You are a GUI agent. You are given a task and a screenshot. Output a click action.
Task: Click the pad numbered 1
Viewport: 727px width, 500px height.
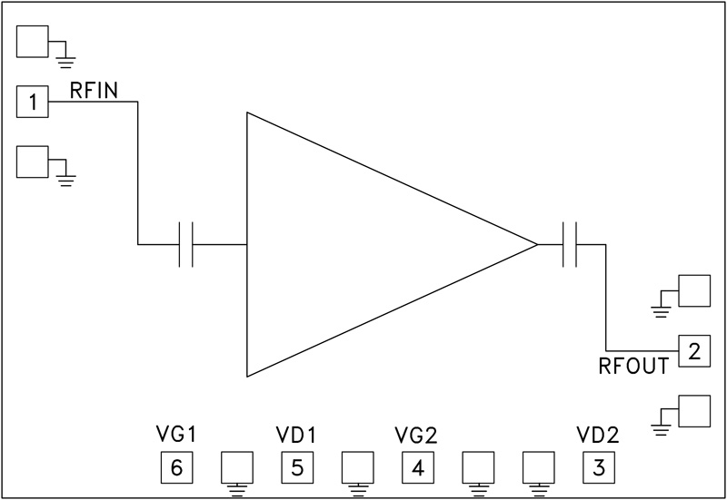[33, 102]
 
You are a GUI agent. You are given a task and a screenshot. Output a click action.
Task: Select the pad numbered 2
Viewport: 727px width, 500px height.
[694, 350]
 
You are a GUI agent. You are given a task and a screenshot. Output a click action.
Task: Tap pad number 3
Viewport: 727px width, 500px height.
[598, 467]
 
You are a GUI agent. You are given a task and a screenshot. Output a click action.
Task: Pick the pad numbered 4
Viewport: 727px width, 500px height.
[417, 467]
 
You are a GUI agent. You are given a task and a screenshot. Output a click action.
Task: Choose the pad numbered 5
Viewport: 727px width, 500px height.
[296, 467]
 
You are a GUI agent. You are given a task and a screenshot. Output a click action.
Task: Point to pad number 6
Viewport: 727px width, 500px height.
[176, 467]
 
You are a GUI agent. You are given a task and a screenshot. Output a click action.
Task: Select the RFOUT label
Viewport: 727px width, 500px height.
[634, 367]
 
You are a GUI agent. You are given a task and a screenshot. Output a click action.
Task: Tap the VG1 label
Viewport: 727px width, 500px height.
[175, 435]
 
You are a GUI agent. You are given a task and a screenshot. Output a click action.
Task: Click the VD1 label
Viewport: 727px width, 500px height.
[296, 435]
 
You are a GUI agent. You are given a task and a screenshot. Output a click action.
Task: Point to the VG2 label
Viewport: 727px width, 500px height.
[417, 435]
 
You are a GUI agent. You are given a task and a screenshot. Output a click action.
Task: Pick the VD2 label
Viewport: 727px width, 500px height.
[598, 435]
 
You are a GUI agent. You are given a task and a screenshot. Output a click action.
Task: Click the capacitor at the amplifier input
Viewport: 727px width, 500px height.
[186, 244]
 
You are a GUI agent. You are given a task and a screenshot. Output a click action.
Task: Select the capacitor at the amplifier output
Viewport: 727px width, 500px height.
[571, 244]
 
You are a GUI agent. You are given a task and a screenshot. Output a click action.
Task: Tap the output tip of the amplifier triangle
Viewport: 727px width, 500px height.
[536, 244]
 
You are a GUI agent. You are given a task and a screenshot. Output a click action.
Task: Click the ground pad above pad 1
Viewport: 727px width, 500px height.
[33, 41]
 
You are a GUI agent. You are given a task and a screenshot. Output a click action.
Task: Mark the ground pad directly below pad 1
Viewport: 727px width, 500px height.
[33, 162]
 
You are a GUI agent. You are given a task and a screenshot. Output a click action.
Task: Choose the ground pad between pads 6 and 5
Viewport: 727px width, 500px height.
[237, 467]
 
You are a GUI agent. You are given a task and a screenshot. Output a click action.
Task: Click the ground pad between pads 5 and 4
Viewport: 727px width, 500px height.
[357, 467]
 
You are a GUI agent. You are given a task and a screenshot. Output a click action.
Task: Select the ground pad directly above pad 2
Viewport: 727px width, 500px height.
[694, 291]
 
